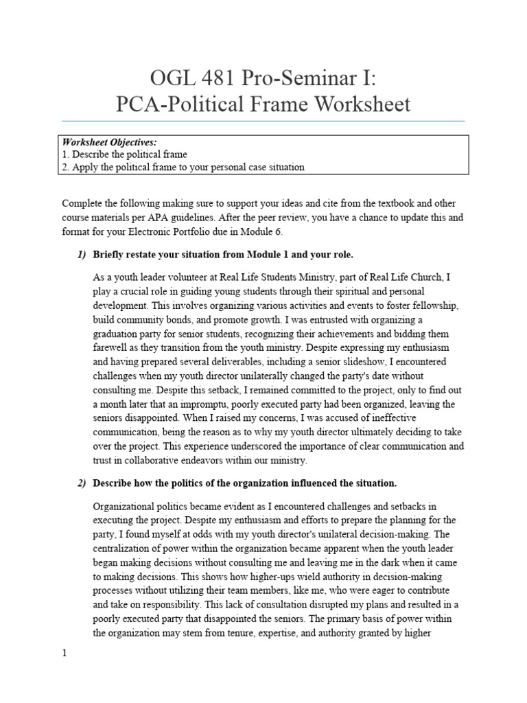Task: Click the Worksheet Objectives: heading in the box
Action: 109,142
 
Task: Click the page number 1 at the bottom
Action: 64,654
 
